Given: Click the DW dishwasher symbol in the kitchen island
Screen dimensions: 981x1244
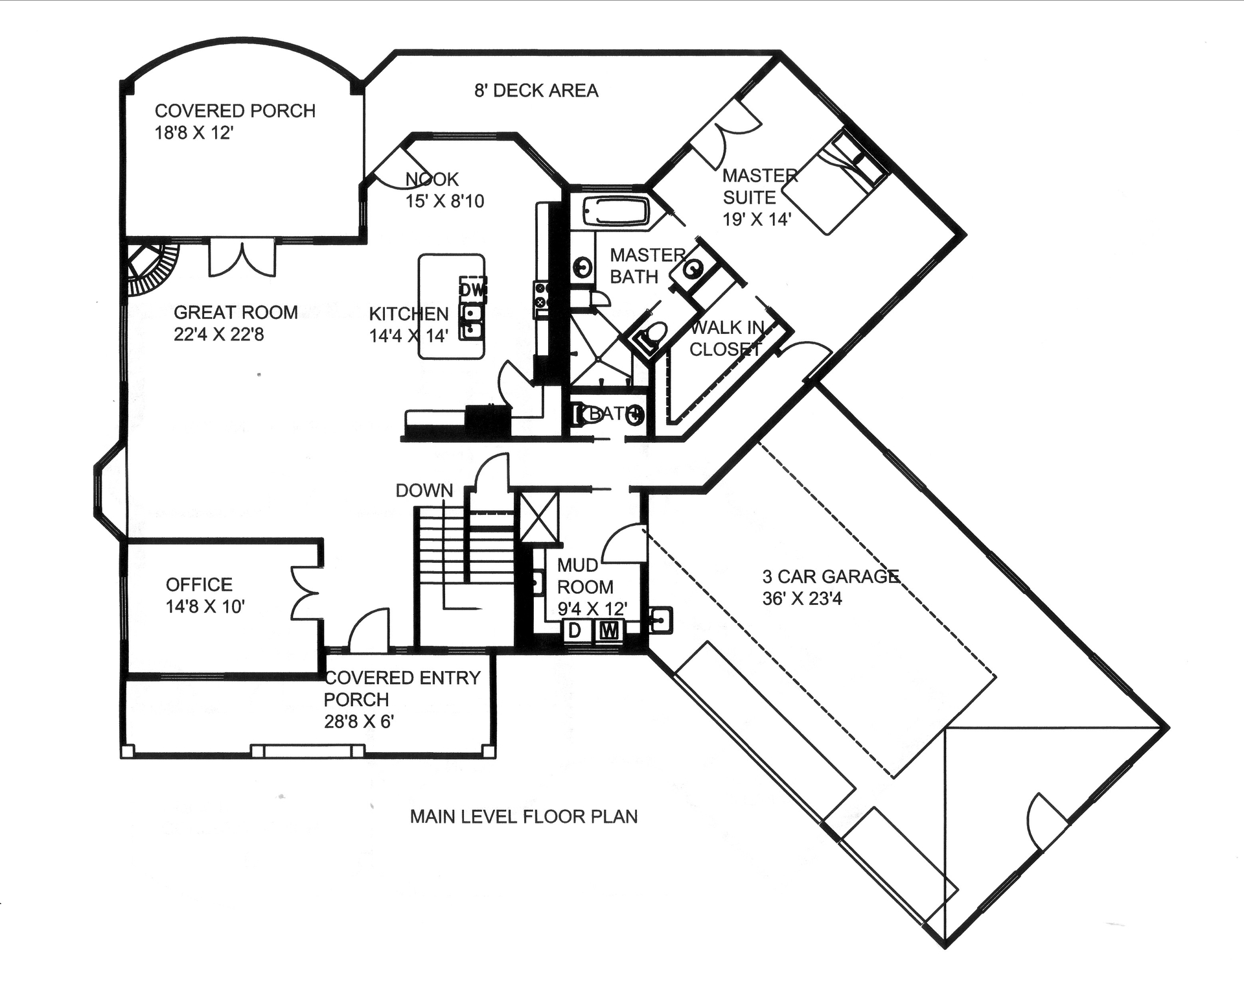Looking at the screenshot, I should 472,289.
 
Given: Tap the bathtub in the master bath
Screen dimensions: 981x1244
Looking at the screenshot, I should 615,211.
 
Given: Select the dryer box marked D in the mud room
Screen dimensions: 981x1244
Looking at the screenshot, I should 574,630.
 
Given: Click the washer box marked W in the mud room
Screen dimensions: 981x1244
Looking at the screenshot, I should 608,630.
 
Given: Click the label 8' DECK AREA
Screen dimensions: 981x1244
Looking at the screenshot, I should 536,91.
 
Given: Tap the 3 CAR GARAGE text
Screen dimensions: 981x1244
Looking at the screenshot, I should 831,576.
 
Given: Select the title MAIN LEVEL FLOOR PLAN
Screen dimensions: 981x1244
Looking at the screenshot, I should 524,816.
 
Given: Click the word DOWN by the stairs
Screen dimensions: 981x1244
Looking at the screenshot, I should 424,491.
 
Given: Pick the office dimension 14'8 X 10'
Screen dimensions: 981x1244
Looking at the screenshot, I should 205,607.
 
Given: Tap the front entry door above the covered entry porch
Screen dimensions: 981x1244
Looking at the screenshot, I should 369,630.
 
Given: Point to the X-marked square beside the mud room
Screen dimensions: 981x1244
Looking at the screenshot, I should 538,517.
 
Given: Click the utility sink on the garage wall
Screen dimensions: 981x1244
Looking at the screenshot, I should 660,621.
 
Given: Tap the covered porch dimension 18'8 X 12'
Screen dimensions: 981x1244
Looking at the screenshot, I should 194,133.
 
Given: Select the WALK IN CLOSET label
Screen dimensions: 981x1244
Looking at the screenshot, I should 726,338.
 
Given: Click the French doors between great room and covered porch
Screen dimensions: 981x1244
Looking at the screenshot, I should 242,257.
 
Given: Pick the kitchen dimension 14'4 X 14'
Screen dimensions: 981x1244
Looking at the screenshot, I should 408,336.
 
